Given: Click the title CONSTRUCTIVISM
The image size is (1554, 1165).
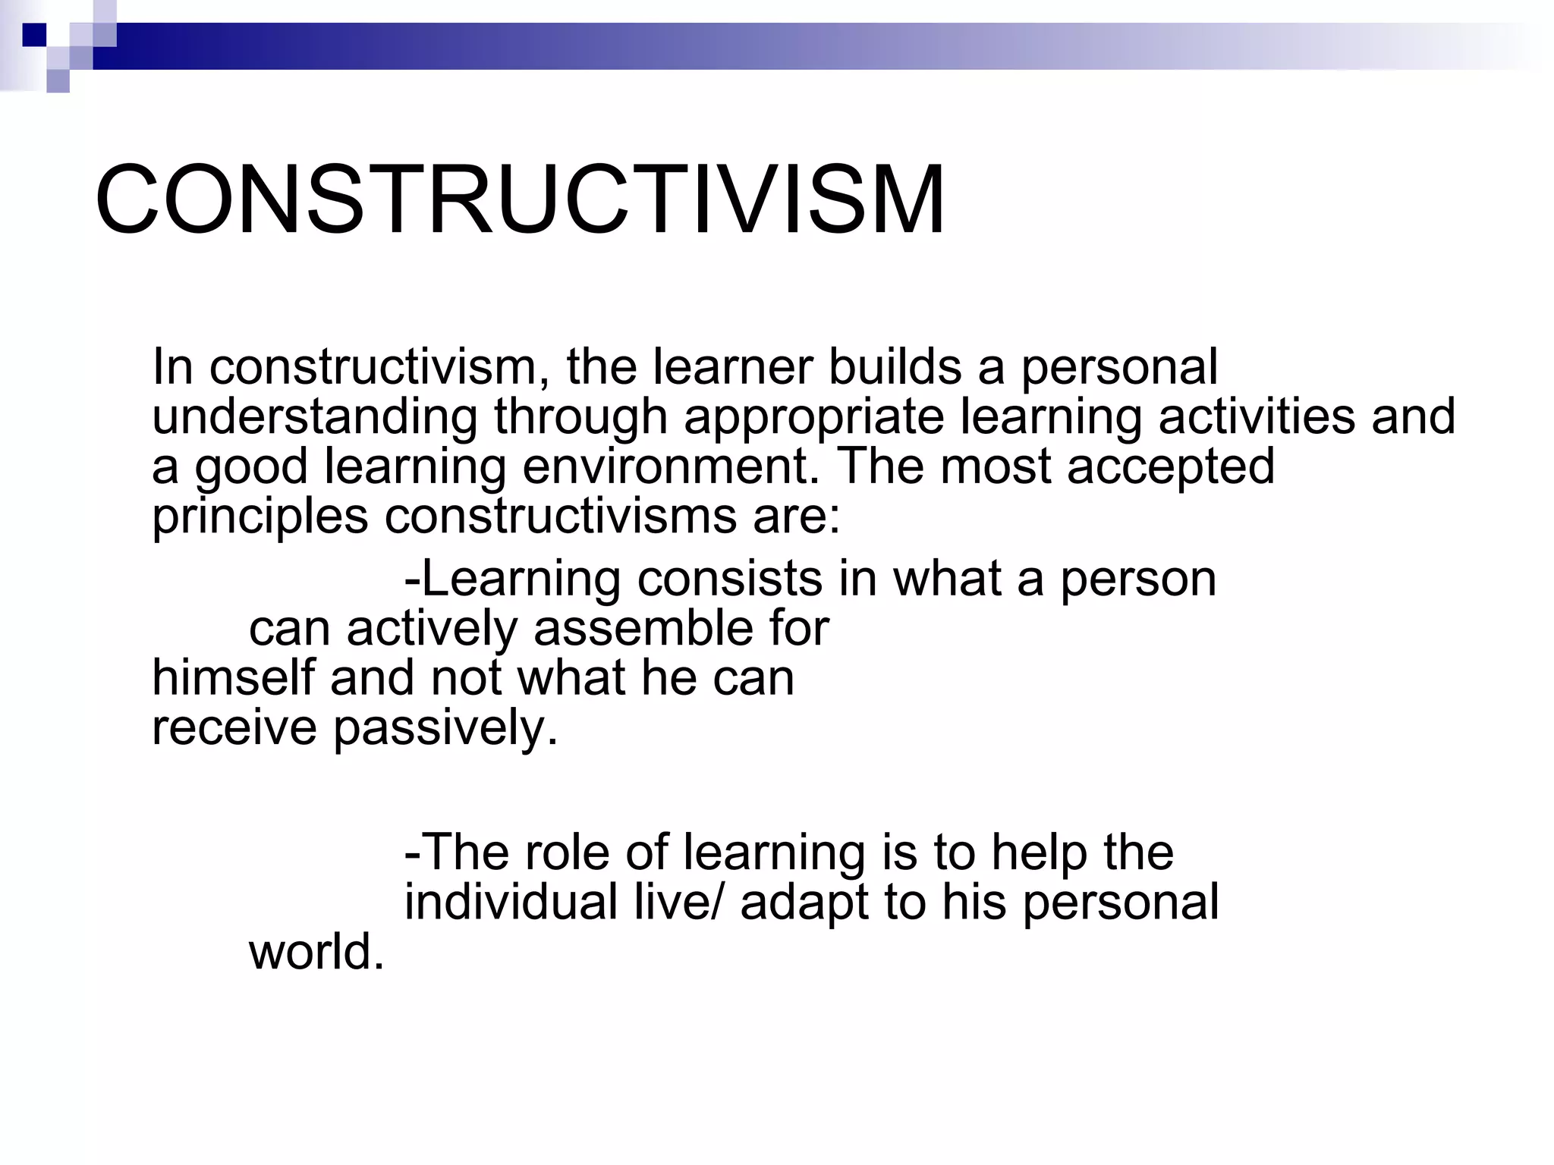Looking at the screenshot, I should point(520,201).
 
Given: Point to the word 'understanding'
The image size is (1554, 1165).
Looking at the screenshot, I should point(315,417).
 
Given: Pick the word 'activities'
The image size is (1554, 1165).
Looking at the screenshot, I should point(1257,417).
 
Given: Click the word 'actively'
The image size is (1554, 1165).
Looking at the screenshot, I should point(432,630).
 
